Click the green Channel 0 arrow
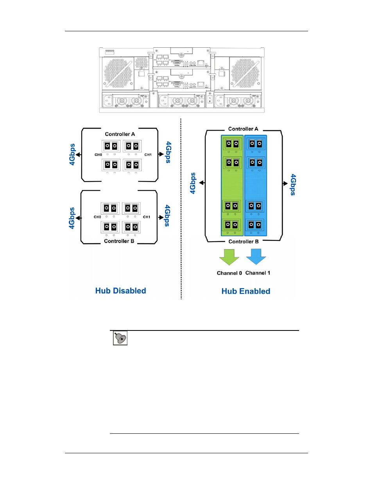(x=229, y=257)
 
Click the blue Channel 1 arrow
(x=256, y=257)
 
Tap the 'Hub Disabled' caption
(x=121, y=291)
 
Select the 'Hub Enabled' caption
(x=246, y=291)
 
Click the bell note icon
(x=120, y=338)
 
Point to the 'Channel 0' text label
(x=229, y=273)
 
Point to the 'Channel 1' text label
(x=258, y=273)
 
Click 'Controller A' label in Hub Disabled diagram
(x=120, y=134)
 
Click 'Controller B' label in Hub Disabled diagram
(x=119, y=241)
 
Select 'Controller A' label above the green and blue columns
(x=243, y=129)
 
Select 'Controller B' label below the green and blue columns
(x=244, y=241)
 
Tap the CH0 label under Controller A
(x=98, y=155)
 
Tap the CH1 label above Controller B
(x=147, y=217)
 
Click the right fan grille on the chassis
(x=245, y=73)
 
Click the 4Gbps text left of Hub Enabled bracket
(x=193, y=183)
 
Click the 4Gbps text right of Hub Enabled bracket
(x=293, y=185)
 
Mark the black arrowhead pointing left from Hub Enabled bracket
(x=201, y=183)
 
